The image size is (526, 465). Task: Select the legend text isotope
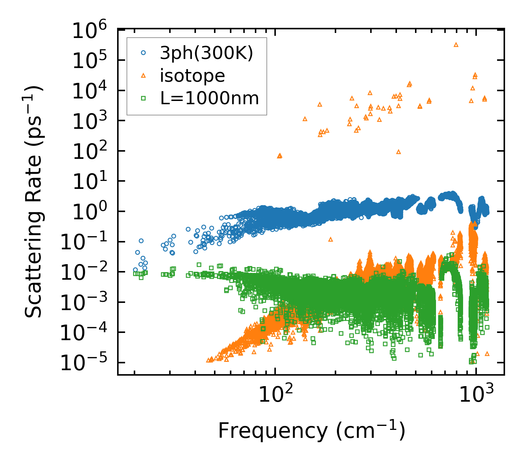pos(193,76)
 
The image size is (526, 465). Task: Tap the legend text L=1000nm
pos(210,98)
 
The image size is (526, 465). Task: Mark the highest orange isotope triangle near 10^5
pos(456,45)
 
